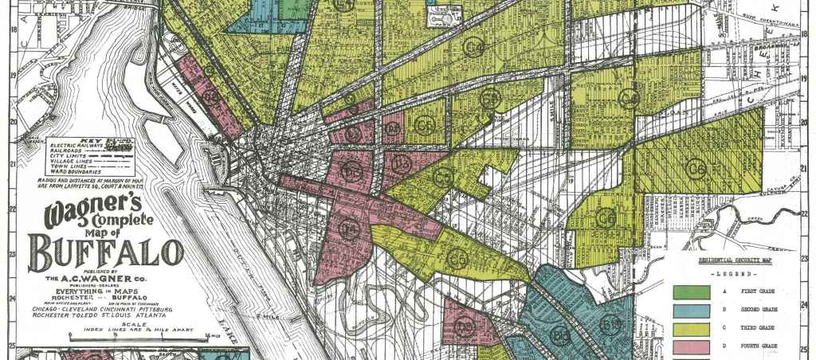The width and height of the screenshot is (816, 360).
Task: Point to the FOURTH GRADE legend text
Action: coord(760,347)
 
